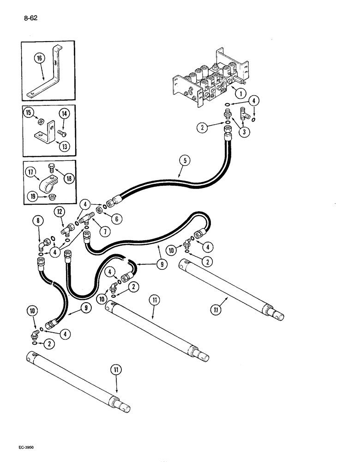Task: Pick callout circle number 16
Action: pyautogui.click(x=40, y=59)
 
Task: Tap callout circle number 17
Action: pyautogui.click(x=31, y=174)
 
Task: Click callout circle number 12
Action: pyautogui.click(x=58, y=212)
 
